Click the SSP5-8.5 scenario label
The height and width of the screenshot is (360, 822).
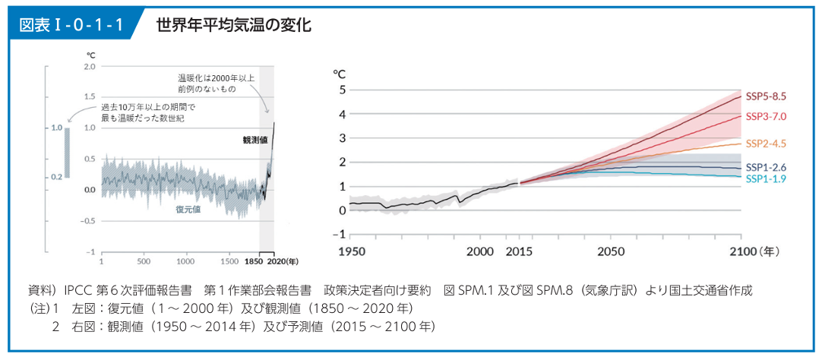(x=765, y=96)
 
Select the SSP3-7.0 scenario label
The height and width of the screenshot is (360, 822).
(x=765, y=116)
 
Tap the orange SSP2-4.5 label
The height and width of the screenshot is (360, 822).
(x=765, y=143)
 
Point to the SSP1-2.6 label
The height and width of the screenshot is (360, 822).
(x=765, y=167)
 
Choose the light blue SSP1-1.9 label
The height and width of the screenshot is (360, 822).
(x=765, y=178)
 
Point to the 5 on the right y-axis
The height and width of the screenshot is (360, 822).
(x=343, y=90)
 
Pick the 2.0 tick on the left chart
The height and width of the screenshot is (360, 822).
(x=90, y=67)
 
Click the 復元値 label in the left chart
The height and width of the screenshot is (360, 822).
(x=188, y=209)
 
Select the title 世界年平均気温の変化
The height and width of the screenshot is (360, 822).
(x=233, y=24)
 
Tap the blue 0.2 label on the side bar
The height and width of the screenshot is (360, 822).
(x=56, y=176)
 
